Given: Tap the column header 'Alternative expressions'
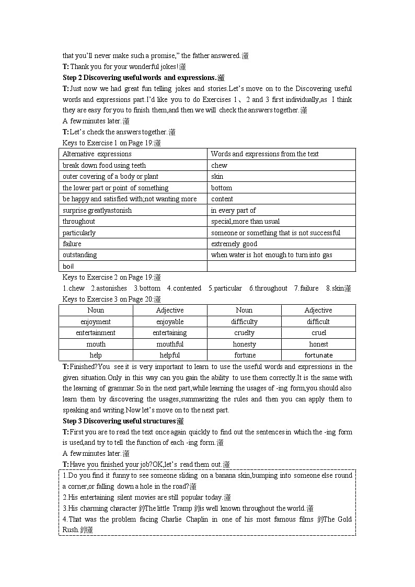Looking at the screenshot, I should [x=97, y=154].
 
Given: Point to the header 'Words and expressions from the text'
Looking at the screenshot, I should [x=264, y=154].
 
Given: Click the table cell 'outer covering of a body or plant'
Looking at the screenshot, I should [x=110, y=177].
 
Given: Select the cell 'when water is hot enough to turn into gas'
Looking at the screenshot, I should [x=271, y=255].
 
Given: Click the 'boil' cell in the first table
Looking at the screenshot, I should [x=68, y=267].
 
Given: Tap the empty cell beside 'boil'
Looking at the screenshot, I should [x=281, y=267].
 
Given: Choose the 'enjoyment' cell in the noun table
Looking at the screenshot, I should [x=96, y=322].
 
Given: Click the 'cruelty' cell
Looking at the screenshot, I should [x=244, y=333].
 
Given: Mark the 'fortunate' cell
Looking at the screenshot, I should [x=318, y=355].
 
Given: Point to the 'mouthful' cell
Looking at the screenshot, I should [x=170, y=344].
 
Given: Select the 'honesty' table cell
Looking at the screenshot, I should [x=244, y=344].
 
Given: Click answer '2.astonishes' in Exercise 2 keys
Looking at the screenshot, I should [x=109, y=289].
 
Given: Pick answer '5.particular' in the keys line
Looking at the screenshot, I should [x=225, y=289].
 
